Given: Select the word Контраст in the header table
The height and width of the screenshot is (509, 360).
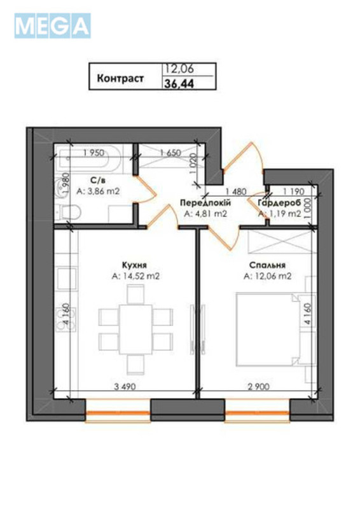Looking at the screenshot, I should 120,80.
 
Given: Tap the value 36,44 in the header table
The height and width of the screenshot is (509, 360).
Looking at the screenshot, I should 180,84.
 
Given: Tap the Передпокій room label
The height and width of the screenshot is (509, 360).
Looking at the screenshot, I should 205,203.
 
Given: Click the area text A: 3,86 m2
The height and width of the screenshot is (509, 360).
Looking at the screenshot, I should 98,190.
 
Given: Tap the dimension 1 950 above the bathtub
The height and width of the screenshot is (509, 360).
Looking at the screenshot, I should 93,153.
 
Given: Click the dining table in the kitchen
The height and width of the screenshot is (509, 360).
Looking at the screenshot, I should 135,328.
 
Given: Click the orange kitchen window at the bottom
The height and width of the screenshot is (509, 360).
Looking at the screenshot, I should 117,414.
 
